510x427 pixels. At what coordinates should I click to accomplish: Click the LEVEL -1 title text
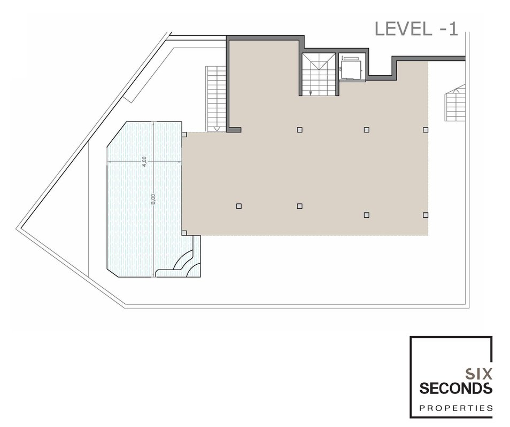(x=416, y=29)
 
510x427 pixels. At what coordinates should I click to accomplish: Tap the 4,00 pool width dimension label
(x=145, y=161)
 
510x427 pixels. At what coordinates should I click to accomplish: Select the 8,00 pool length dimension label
(x=153, y=199)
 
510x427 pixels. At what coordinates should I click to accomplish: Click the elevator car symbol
(x=351, y=68)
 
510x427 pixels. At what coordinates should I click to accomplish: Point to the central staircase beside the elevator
(x=319, y=74)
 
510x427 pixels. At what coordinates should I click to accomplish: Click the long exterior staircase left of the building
(x=216, y=99)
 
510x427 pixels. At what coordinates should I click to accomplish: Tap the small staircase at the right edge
(x=455, y=102)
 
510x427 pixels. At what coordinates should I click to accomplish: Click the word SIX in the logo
(x=478, y=374)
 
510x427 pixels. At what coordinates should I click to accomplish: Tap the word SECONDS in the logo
(x=455, y=388)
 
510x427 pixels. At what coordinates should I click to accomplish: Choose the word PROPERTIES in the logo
(x=455, y=408)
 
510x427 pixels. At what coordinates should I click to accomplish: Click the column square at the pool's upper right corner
(x=184, y=134)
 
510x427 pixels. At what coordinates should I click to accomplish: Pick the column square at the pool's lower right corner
(x=184, y=233)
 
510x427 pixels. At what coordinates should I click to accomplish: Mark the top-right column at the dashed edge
(x=426, y=130)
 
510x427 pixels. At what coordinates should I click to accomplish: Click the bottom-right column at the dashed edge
(x=426, y=215)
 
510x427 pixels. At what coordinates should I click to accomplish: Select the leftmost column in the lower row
(x=239, y=206)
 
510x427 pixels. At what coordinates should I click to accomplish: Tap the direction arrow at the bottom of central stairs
(x=311, y=93)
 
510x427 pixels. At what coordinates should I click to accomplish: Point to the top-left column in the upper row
(x=300, y=130)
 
